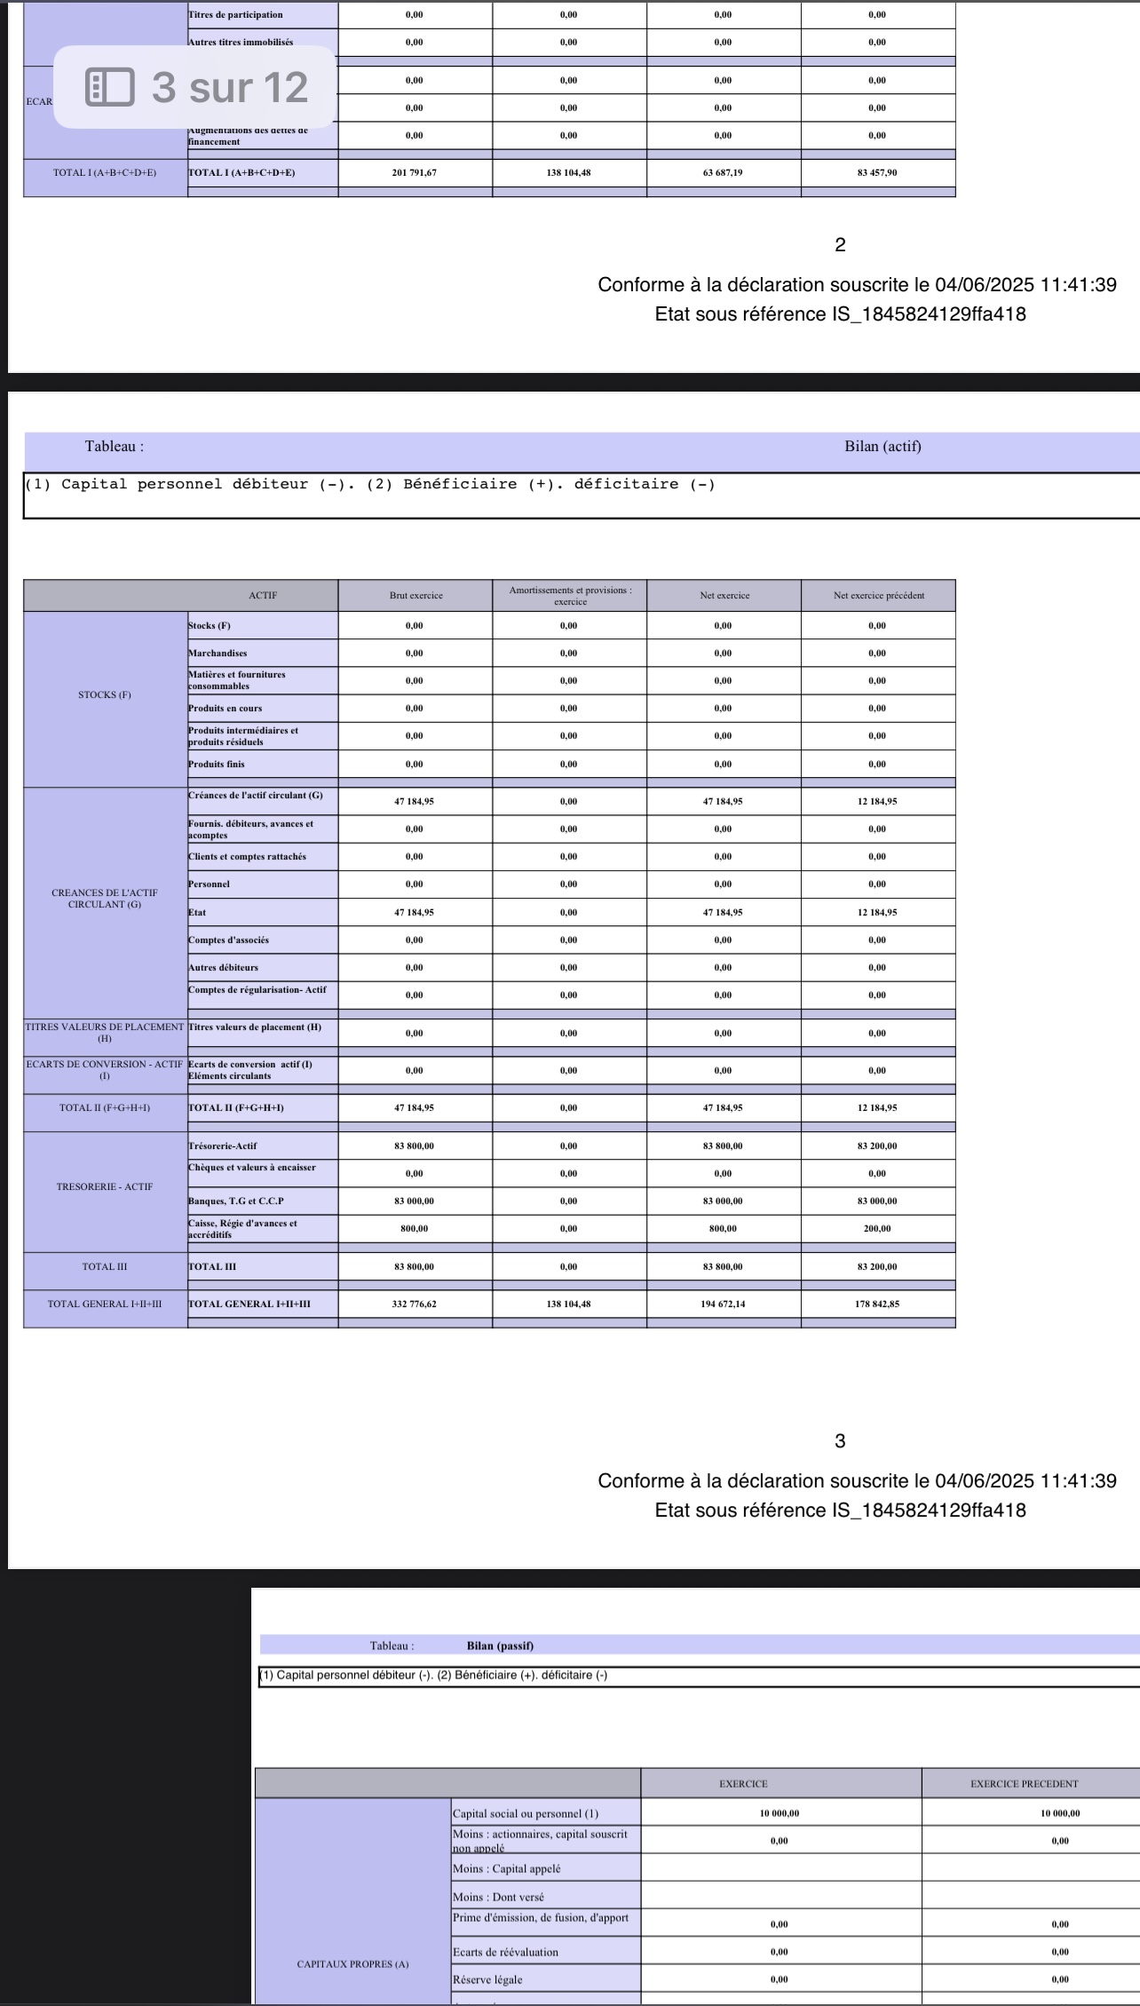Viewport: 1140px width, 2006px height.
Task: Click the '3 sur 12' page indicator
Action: pos(230,87)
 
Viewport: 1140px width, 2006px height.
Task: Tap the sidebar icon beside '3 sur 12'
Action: pos(110,87)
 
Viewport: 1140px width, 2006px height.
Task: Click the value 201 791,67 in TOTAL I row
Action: pos(415,172)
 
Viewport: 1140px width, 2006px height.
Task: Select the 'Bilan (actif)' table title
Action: pos(883,446)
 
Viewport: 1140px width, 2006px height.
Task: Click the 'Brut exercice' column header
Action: pos(416,595)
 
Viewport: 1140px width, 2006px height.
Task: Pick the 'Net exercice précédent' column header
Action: pos(878,595)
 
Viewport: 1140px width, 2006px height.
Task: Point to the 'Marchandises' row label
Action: pos(218,653)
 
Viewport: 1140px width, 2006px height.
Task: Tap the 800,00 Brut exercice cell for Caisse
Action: pos(415,1228)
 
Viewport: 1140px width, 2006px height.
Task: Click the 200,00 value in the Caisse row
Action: pos(877,1228)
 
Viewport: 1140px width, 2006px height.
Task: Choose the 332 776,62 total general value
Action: pos(415,1304)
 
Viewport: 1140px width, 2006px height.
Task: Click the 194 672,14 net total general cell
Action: pos(723,1304)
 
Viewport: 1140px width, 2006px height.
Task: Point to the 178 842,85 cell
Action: pos(877,1304)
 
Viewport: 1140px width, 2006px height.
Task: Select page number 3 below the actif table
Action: pos(840,1441)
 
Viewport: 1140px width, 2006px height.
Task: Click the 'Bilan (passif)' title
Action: pos(500,1645)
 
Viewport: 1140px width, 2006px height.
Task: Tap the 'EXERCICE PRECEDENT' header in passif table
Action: pos(1024,1783)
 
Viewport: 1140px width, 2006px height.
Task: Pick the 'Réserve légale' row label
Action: pos(487,1979)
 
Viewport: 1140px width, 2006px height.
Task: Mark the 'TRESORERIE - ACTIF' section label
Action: pos(105,1186)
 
